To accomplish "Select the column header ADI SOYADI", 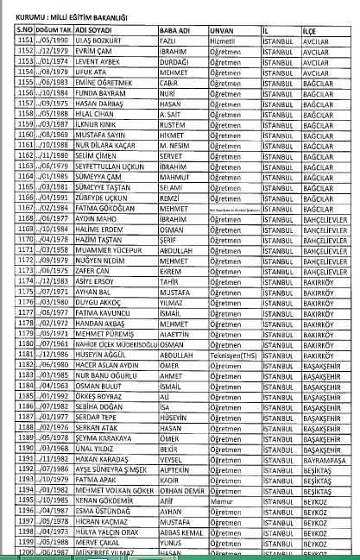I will tap(96, 29).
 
